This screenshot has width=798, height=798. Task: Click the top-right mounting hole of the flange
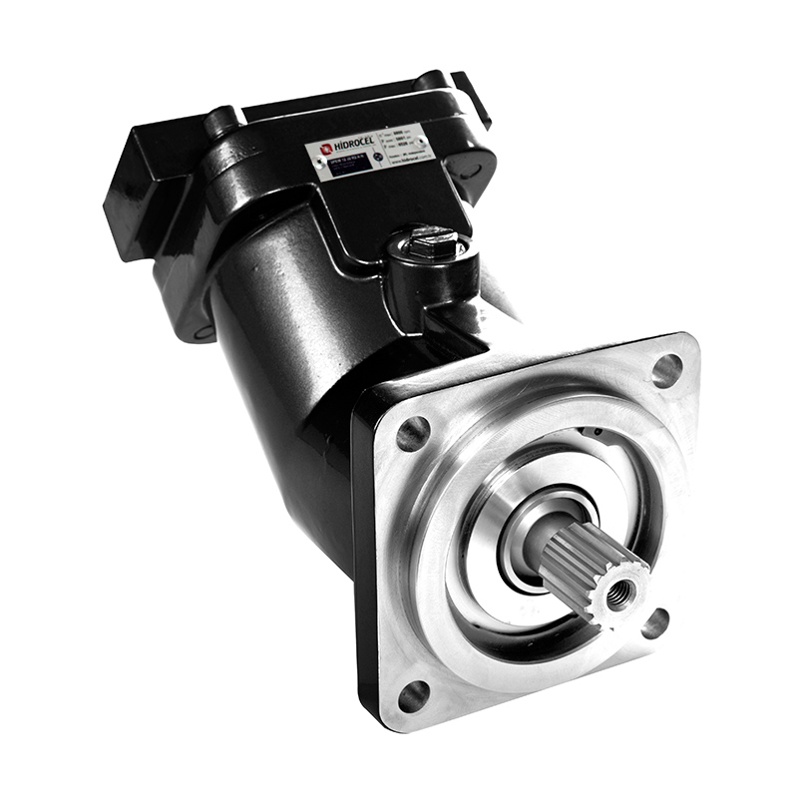[x=666, y=370]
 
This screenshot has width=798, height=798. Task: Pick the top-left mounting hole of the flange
[x=413, y=433]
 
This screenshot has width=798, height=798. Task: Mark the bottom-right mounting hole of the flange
[x=655, y=624]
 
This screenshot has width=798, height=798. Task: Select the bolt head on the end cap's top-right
[x=432, y=80]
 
